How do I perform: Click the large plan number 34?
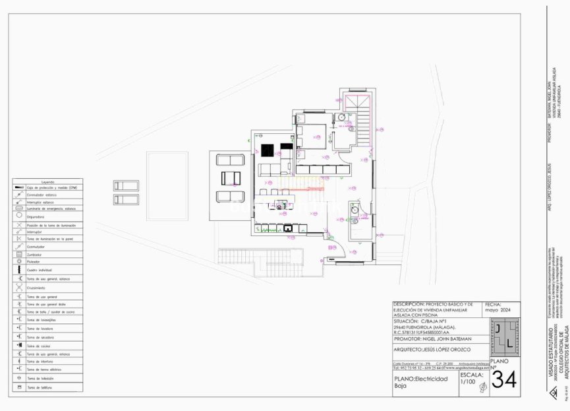point(504,380)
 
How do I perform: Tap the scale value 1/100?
point(467,381)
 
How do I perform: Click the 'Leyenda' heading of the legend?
point(47,182)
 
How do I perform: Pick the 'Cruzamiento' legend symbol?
point(19,288)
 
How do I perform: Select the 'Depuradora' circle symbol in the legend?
point(19,216)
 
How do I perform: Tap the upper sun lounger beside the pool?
point(125,185)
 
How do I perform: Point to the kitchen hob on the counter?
point(288,228)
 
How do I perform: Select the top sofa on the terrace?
point(229,160)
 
